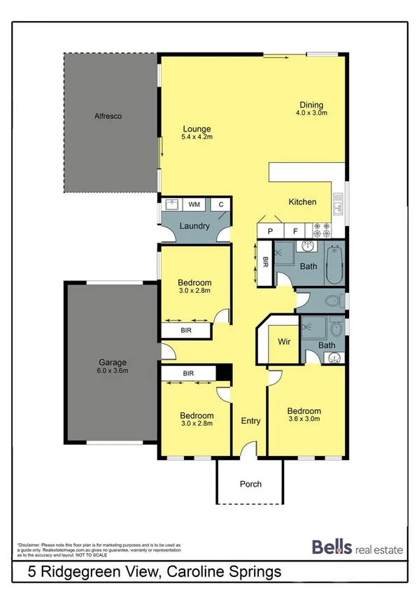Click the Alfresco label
(x=108, y=116)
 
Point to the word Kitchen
(x=303, y=202)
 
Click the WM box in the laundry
(x=194, y=204)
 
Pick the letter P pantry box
(x=269, y=230)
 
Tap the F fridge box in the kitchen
(x=295, y=230)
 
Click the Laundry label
(x=194, y=226)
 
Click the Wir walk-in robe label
(x=284, y=342)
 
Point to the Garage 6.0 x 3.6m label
(x=112, y=366)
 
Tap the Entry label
(x=250, y=421)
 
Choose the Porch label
(x=250, y=484)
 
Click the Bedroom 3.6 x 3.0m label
(x=303, y=415)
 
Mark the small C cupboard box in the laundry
(x=220, y=204)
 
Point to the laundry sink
(x=171, y=205)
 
